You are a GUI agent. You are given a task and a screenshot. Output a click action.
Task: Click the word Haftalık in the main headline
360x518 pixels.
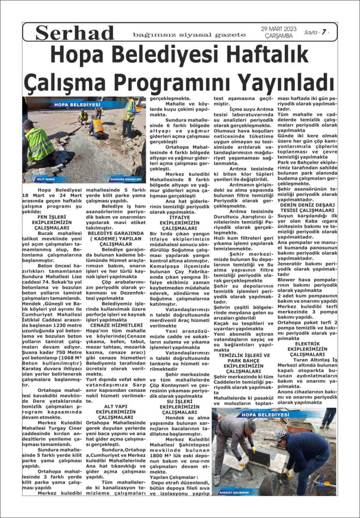[259, 55]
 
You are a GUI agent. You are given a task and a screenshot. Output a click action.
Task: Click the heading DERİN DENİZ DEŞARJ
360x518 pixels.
[308, 205]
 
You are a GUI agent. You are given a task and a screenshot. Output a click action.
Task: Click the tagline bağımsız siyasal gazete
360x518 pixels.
[189, 35]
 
